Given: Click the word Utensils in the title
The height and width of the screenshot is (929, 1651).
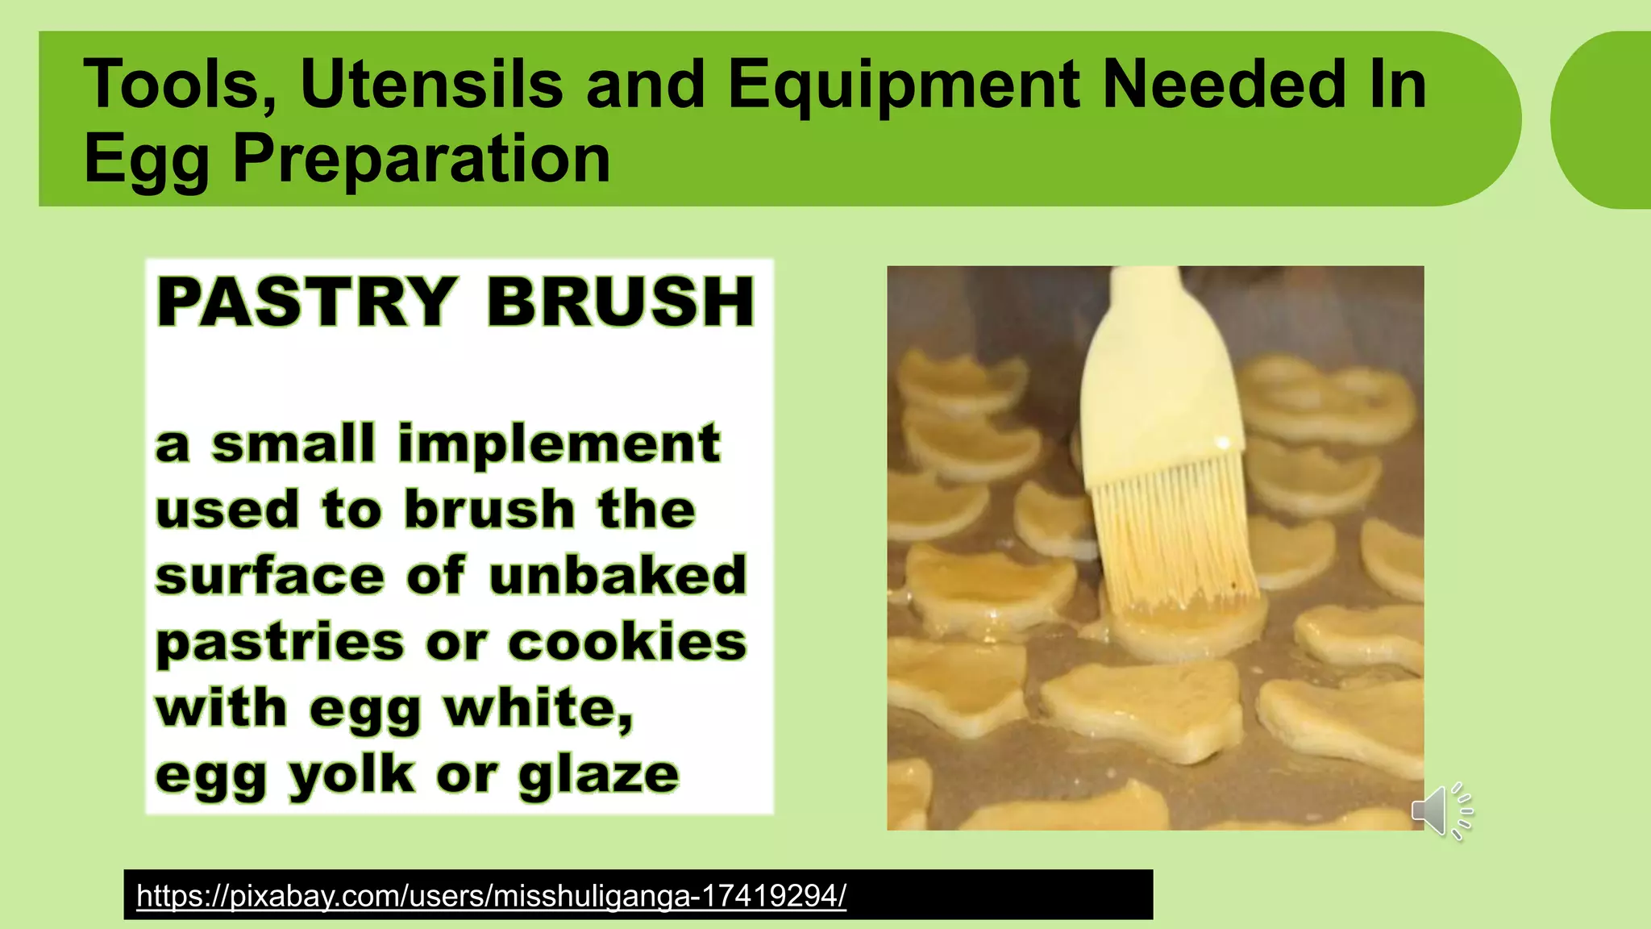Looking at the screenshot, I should [431, 84].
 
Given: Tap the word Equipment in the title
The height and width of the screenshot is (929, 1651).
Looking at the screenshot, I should [903, 85].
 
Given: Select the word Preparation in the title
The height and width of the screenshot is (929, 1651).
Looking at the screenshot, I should [422, 160].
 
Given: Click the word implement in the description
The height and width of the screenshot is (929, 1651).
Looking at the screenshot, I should [559, 445].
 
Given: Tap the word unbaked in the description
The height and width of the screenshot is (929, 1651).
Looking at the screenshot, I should [618, 576].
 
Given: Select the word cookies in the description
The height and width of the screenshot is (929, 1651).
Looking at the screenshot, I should [627, 643].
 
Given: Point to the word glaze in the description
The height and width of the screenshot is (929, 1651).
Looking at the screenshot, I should [598, 776].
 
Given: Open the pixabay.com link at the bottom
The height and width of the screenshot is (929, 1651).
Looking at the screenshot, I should [491, 895].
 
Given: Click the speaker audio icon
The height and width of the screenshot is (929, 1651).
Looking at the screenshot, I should [1441, 810].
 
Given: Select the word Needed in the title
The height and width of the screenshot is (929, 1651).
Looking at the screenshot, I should [1224, 84].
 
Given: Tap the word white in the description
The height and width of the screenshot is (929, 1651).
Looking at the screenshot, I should [539, 709].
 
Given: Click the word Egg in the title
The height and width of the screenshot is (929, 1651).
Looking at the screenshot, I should [147, 160].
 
